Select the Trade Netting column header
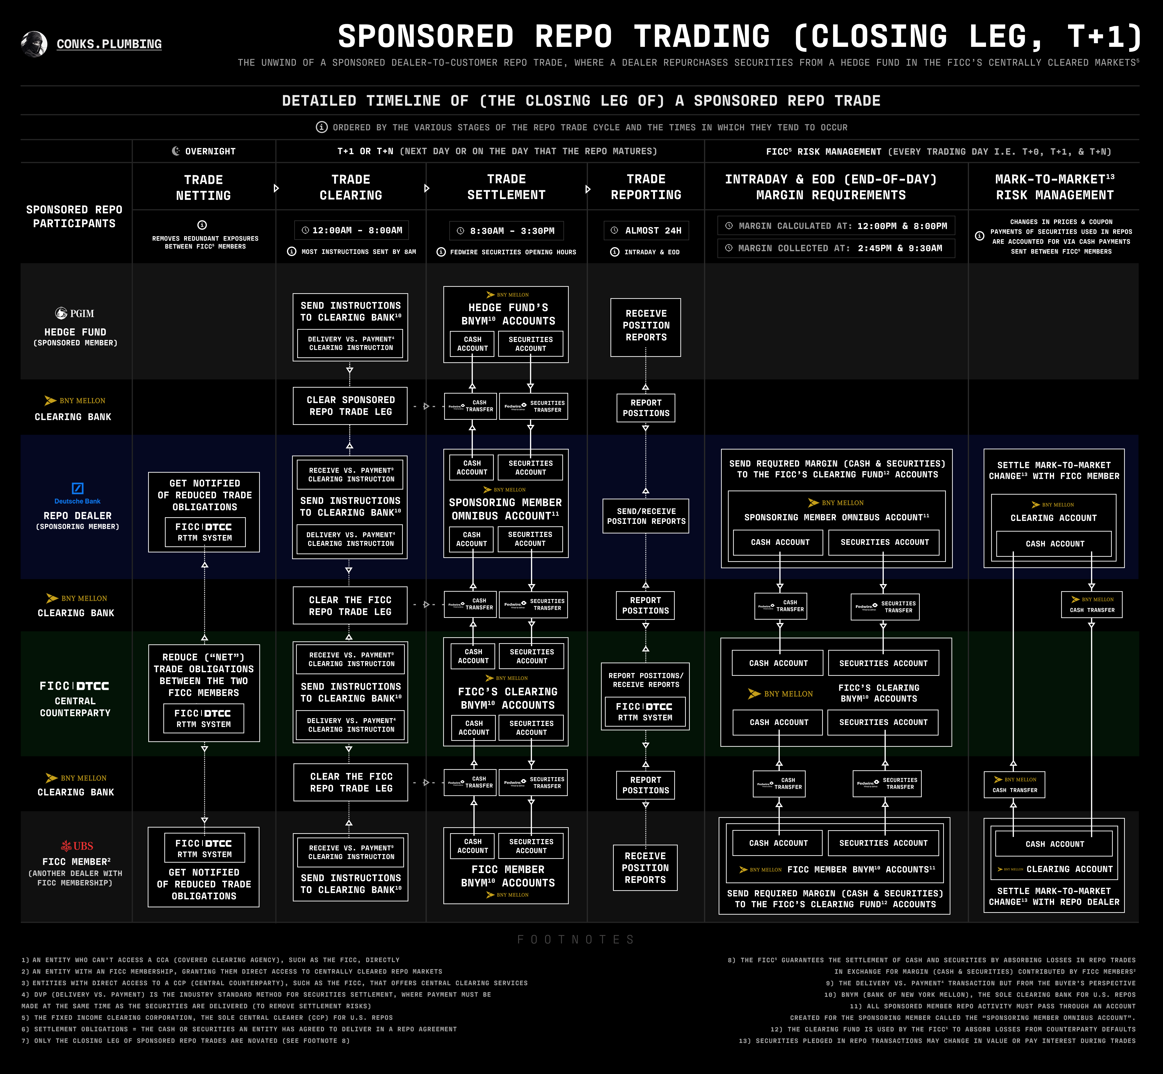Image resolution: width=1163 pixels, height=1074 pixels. [203, 187]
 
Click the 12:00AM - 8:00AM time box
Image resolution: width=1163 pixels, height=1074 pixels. [351, 230]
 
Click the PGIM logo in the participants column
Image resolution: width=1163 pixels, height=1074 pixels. [74, 313]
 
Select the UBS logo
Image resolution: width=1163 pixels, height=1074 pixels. [77, 846]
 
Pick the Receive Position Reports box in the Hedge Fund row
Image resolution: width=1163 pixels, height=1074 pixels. [646, 325]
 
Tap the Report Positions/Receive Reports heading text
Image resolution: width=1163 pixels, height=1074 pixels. [646, 680]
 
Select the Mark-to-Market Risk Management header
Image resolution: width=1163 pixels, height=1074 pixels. [1054, 187]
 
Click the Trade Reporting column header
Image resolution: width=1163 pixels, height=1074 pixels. [646, 187]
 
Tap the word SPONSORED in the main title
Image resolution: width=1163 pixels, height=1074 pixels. [426, 37]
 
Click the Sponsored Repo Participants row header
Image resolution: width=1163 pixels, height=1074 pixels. [74, 216]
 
